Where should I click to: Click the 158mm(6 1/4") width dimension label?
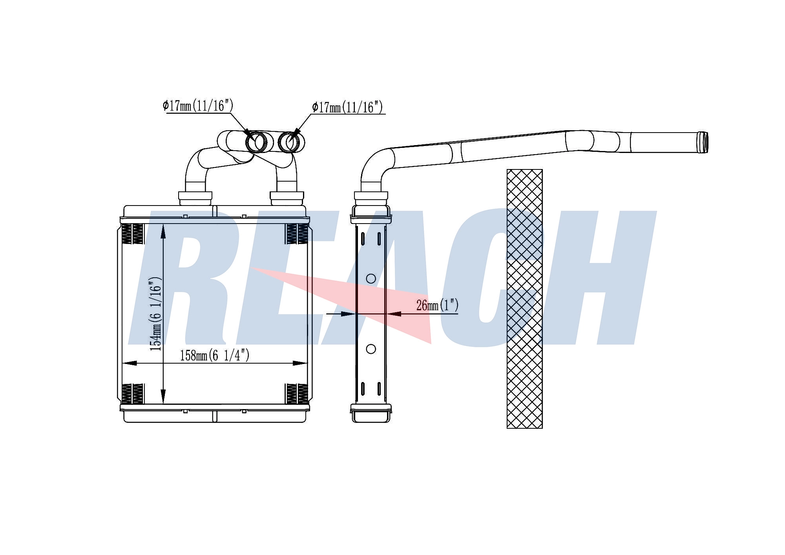215,355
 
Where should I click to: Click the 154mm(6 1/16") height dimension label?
155,314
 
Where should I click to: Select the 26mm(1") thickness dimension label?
437,305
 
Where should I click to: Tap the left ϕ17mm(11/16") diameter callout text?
198,106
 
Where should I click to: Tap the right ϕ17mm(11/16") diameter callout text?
347,107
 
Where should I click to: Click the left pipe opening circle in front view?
256,142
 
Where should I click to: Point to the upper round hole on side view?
371,278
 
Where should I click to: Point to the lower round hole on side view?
371,349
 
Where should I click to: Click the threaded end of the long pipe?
702,142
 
